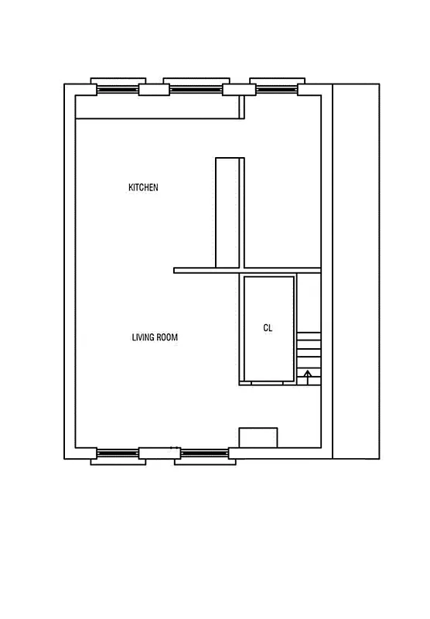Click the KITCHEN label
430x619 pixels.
tap(143, 187)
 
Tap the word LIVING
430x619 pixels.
tap(143, 337)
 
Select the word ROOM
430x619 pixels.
tap(168, 337)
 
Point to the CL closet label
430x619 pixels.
tap(268, 328)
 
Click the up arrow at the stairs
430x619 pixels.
tap(308, 377)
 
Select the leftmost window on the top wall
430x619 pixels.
tap(118, 88)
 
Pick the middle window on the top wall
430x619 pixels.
tap(196, 88)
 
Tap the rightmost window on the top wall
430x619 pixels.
tap(276, 88)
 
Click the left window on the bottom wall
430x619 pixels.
tap(118, 454)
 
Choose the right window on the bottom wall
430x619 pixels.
tap(203, 454)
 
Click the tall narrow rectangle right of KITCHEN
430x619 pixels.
tap(230, 213)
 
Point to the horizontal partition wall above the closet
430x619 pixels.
tap(247, 270)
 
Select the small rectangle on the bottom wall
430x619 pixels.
tap(258, 437)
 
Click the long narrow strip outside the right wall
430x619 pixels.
tap(356, 271)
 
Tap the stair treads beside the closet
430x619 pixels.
tap(309, 352)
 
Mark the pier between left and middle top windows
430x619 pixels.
tap(153, 89)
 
